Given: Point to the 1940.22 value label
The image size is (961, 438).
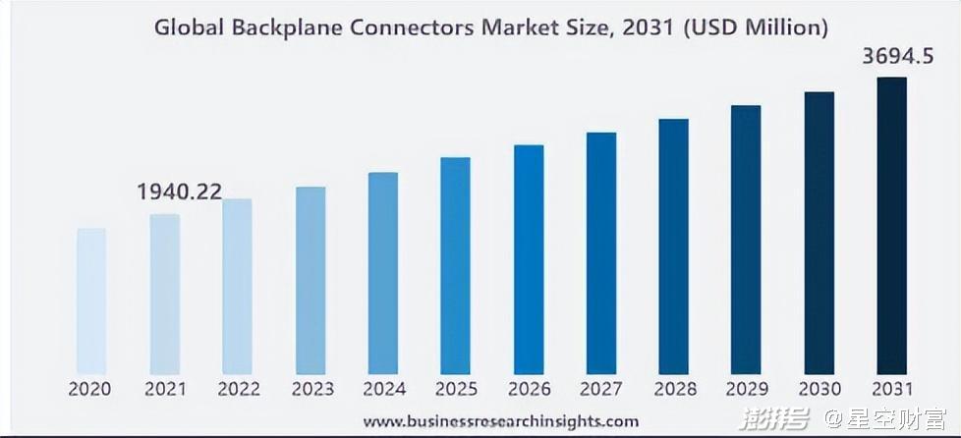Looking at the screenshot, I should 180,192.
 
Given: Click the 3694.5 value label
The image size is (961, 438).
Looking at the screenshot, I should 897,57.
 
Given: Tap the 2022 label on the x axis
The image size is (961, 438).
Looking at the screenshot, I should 238,389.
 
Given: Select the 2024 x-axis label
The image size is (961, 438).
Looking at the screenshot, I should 383,389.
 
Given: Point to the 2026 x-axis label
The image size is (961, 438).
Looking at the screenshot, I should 529,389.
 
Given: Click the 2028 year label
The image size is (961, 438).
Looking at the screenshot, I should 674,389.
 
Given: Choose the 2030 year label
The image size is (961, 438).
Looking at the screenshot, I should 819,389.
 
